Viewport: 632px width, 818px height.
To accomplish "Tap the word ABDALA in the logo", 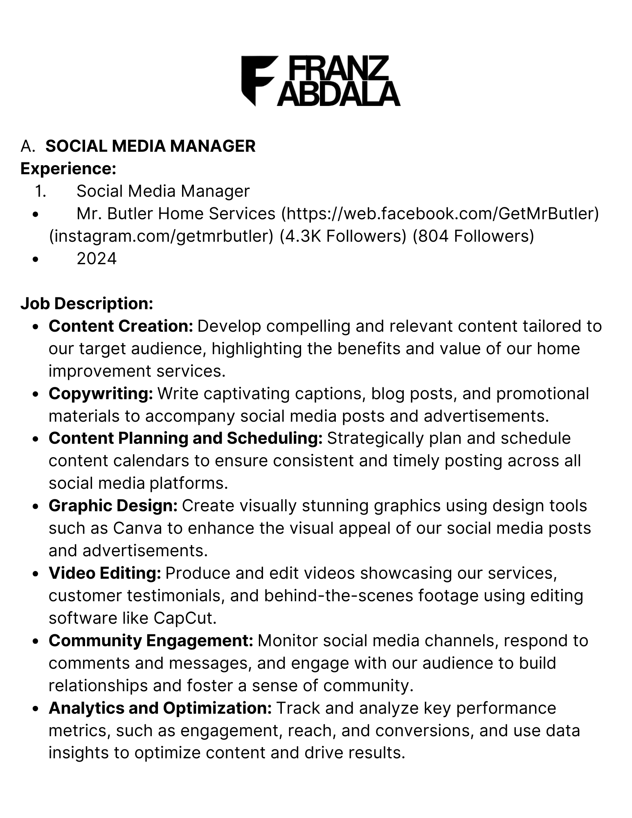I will [x=338, y=94].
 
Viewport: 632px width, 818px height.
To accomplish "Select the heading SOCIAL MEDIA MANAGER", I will [x=150, y=146].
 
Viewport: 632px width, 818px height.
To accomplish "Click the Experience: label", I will [x=68, y=169].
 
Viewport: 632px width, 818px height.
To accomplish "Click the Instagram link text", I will [x=161, y=236].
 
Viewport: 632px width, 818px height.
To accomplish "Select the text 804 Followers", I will [x=473, y=236].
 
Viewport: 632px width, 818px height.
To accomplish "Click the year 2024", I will [x=97, y=258].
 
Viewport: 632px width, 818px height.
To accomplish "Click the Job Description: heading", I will [x=87, y=303].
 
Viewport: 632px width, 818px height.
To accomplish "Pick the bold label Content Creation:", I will [x=121, y=326].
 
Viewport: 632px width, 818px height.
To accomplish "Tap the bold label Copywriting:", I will [x=101, y=393].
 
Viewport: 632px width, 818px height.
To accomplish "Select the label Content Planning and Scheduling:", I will [x=185, y=438].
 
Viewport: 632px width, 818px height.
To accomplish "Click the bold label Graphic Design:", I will [x=113, y=506].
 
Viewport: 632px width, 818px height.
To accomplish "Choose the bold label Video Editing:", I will [x=105, y=573].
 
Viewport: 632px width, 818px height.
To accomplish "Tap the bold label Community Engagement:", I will [x=151, y=640].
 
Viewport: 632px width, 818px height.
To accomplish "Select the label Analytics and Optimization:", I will [x=160, y=708].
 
